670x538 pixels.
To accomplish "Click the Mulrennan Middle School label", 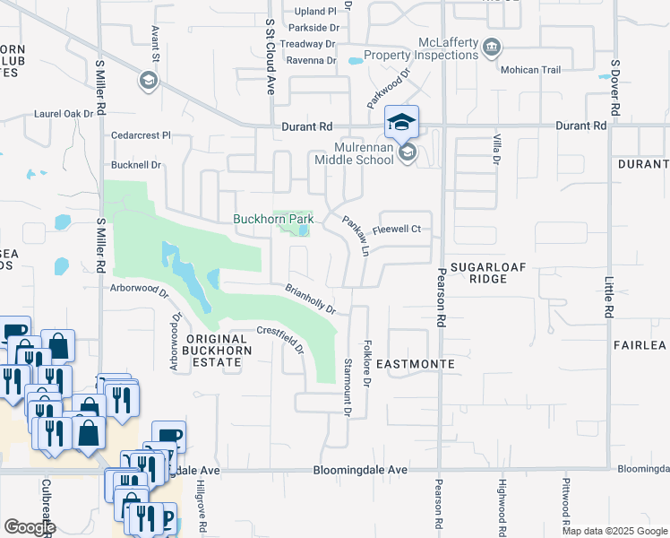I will [353, 152].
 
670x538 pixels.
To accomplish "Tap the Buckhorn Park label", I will [272, 219].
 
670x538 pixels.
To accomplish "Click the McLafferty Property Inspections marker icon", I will [491, 47].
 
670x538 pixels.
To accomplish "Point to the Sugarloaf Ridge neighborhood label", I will [491, 273].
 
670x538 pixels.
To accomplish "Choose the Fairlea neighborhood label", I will [640, 345].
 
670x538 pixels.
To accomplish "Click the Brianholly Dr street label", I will [310, 299].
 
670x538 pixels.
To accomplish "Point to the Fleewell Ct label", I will [397, 230].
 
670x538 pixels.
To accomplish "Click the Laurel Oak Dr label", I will [64, 114].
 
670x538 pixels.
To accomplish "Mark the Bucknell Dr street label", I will [136, 165].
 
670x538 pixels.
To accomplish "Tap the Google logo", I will [30, 527].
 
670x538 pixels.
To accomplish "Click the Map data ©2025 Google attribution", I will [614, 532].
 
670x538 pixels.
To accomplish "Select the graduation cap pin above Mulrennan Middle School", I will [402, 121].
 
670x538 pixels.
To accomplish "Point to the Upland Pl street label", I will [316, 12].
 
